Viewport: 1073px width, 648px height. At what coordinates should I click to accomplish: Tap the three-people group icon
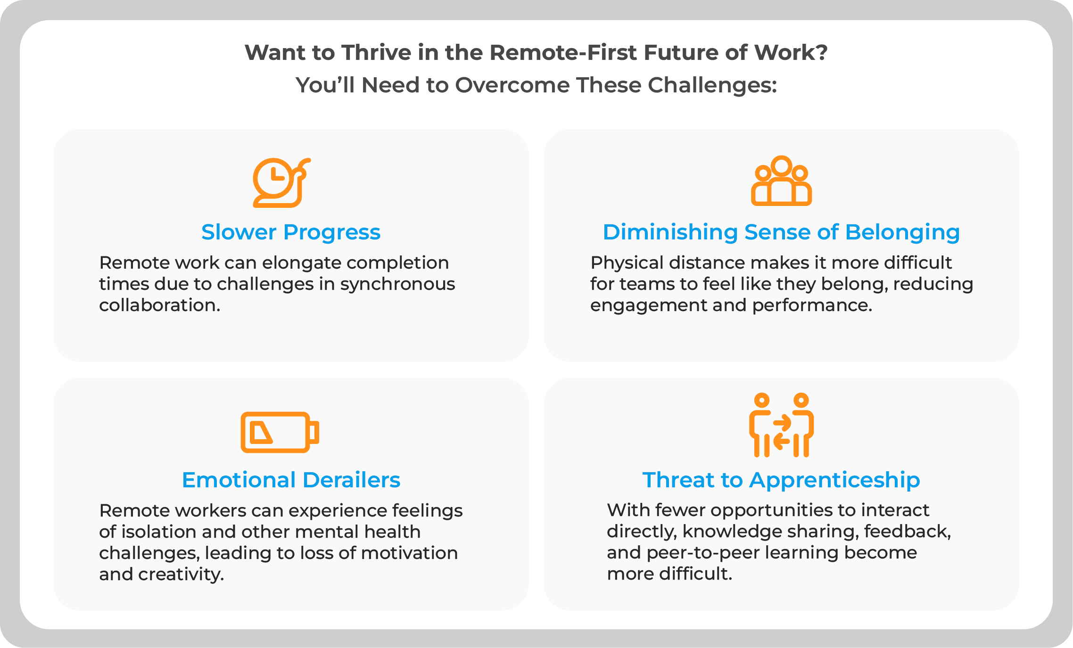tap(781, 181)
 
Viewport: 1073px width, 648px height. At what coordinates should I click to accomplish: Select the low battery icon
tap(280, 432)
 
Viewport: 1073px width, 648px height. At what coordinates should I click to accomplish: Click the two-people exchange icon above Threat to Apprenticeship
tap(781, 425)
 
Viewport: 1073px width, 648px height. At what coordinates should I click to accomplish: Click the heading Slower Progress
tap(291, 232)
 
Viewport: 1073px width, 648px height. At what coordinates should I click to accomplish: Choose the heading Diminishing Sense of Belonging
tap(781, 232)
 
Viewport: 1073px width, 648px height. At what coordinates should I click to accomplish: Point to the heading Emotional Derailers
tap(291, 480)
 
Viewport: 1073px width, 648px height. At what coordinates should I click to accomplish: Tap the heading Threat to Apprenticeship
tap(781, 480)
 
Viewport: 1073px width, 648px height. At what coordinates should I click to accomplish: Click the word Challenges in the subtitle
tap(712, 85)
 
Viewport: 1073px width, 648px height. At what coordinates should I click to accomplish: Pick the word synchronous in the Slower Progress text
tap(397, 284)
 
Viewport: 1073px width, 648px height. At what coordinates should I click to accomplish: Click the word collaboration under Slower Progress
tap(159, 305)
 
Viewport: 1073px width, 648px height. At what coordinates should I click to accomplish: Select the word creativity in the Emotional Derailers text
tap(181, 574)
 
